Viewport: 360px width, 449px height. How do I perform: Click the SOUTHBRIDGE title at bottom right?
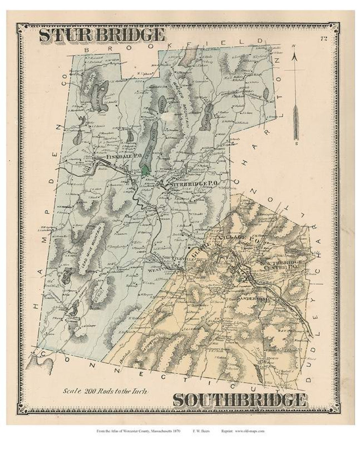coord(239,400)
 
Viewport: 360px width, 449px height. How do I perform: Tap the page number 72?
coord(323,39)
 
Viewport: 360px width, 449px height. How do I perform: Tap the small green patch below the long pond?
coord(145,171)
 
